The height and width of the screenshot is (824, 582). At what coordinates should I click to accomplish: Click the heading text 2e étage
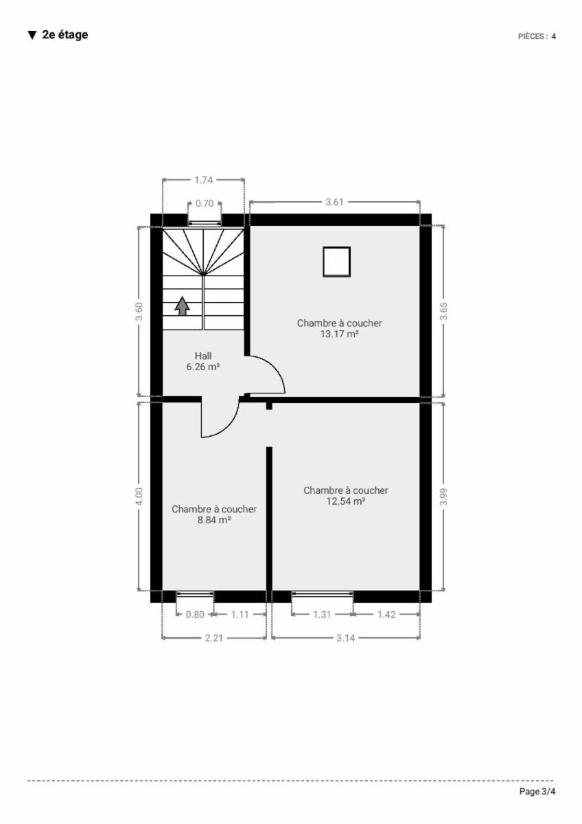(65, 35)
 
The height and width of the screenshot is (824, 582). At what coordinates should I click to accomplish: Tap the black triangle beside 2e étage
(32, 35)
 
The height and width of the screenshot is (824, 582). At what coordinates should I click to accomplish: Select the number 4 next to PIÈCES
(553, 36)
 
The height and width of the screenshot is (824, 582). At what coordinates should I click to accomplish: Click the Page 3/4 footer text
(537, 792)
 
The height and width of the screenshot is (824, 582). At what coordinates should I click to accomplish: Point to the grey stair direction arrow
(182, 306)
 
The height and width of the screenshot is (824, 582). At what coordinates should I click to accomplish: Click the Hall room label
(203, 356)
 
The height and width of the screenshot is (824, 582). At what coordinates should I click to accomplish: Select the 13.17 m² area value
(339, 334)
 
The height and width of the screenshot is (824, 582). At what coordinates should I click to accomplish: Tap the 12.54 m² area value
(346, 501)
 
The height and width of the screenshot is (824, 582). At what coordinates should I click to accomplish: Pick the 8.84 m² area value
(214, 520)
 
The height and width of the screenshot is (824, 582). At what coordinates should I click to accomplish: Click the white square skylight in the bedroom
(336, 262)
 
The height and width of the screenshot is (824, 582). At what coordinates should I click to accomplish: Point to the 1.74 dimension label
(203, 180)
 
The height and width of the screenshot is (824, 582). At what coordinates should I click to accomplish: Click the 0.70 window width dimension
(205, 203)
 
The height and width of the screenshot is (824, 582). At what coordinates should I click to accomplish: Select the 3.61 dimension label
(334, 202)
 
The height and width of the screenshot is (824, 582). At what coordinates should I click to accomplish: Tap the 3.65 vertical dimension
(443, 311)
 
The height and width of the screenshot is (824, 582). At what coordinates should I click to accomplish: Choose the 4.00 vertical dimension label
(139, 496)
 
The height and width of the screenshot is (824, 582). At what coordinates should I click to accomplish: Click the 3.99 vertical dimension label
(443, 496)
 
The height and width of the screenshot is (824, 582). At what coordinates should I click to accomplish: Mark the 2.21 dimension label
(214, 637)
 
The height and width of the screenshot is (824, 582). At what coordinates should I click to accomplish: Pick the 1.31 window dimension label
(322, 615)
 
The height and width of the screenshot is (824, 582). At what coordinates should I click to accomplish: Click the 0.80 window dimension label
(195, 615)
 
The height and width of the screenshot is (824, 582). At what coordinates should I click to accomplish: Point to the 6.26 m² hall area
(203, 367)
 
